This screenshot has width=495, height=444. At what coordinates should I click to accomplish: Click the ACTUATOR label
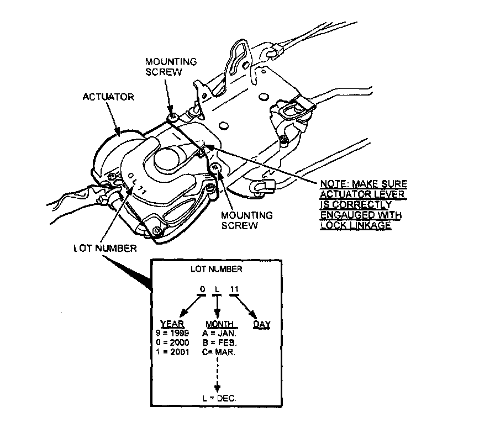[x=108, y=97]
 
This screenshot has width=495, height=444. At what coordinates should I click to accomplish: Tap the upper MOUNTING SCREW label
[x=171, y=66]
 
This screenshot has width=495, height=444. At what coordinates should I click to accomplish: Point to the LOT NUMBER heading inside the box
[x=216, y=269]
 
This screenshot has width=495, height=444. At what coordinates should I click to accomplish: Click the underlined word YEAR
[x=172, y=324]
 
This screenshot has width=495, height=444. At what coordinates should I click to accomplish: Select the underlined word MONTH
[x=220, y=324]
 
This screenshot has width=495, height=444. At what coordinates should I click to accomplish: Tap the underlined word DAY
[x=261, y=324]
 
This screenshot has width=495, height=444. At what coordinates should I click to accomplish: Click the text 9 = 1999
[x=173, y=334]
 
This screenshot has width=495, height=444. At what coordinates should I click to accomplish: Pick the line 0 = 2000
[x=173, y=342]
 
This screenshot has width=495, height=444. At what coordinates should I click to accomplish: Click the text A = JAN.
[x=220, y=334]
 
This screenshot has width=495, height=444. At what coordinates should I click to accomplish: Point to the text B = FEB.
[x=220, y=342]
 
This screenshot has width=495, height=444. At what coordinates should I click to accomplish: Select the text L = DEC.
[x=219, y=398]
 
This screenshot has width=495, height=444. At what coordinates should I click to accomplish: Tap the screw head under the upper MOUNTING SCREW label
[x=172, y=117]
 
